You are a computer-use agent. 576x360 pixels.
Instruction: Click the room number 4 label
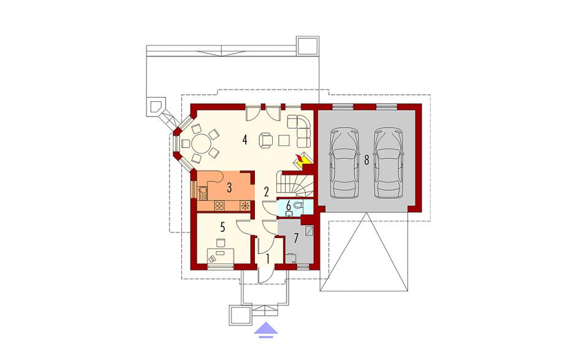245,140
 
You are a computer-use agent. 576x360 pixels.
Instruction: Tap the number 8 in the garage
366,160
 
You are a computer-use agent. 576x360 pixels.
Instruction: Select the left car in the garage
344,163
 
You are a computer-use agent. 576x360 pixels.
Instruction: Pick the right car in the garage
388,163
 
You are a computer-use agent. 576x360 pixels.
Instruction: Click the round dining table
200,144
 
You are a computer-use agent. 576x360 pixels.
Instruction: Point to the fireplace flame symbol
301,159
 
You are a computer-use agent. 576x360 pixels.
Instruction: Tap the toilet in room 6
298,205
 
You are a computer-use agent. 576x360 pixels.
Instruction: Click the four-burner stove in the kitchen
219,206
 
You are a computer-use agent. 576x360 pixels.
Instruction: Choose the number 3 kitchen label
229,188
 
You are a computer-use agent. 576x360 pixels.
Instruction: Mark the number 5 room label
222,228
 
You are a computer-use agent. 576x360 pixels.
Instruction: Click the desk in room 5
221,256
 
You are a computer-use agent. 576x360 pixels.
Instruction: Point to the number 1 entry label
267,259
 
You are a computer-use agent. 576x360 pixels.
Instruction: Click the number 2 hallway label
267,191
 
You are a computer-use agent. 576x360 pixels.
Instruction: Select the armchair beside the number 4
265,140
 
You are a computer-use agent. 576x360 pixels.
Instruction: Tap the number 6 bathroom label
289,205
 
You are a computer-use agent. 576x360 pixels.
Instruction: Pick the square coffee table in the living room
285,140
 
